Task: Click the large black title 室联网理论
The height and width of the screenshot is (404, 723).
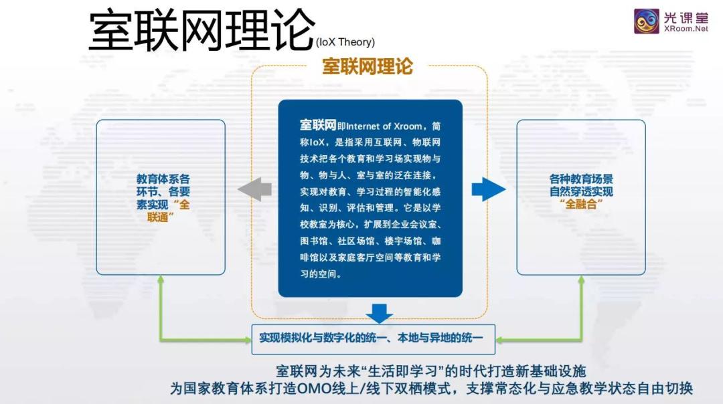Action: point(201,30)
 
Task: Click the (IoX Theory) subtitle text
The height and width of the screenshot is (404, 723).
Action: point(345,42)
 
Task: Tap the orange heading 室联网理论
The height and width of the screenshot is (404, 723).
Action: point(368,66)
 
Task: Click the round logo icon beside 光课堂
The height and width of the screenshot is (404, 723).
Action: point(647,21)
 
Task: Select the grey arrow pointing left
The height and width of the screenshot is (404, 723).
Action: point(254,189)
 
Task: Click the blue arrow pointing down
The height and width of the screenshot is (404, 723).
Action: point(380,312)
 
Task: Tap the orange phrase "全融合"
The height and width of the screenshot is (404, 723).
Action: point(580,205)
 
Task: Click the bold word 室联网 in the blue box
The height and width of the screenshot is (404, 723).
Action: point(318,126)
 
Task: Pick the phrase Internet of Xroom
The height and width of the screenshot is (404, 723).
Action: point(384,126)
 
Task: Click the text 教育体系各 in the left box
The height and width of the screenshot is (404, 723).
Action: point(163,179)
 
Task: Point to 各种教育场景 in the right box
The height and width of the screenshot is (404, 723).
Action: point(581,179)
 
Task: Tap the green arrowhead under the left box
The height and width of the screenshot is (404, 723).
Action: point(161,280)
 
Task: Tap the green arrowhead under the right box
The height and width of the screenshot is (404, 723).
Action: point(580,280)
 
